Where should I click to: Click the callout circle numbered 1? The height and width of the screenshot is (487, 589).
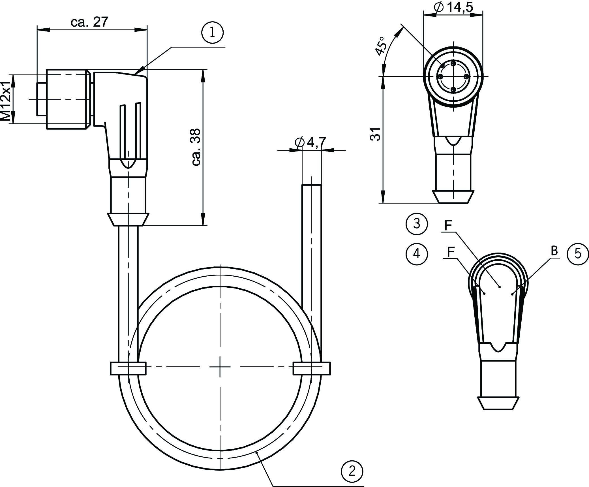(212, 33)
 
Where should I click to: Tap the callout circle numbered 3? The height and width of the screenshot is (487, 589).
(417, 224)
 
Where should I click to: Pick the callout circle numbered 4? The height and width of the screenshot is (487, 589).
(417, 254)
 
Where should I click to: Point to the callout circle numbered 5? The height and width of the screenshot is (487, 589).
(578, 254)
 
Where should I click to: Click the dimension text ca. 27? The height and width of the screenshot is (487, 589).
(90, 22)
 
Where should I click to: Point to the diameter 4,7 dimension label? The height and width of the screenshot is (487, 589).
(310, 142)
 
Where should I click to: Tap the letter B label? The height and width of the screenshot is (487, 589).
(554, 251)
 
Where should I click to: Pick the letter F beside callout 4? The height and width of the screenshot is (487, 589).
(451, 252)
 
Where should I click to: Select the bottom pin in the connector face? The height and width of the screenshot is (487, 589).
(453, 90)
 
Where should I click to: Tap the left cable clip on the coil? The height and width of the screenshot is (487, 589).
(128, 368)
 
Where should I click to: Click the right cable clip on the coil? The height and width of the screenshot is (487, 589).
(312, 368)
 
